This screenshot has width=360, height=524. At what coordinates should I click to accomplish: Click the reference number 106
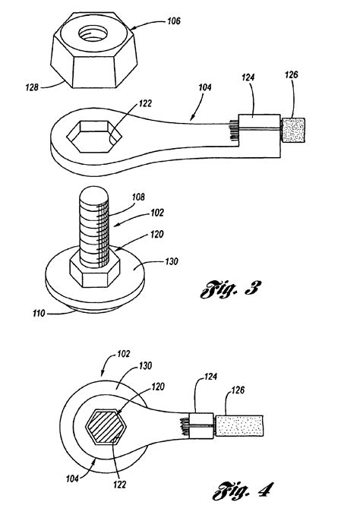point(173,21)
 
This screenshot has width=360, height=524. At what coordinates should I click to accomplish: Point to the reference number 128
point(32,87)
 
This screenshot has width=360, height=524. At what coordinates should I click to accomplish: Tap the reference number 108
point(138,197)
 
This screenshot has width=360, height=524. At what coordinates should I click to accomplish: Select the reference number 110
point(39,314)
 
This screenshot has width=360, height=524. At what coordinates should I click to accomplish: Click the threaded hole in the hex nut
point(93,33)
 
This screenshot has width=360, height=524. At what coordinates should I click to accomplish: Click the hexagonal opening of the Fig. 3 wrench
point(94,136)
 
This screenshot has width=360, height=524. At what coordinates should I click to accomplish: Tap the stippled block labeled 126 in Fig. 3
point(293,130)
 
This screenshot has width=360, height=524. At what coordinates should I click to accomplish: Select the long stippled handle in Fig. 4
point(239,425)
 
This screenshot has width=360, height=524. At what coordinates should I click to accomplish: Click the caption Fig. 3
point(230,289)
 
